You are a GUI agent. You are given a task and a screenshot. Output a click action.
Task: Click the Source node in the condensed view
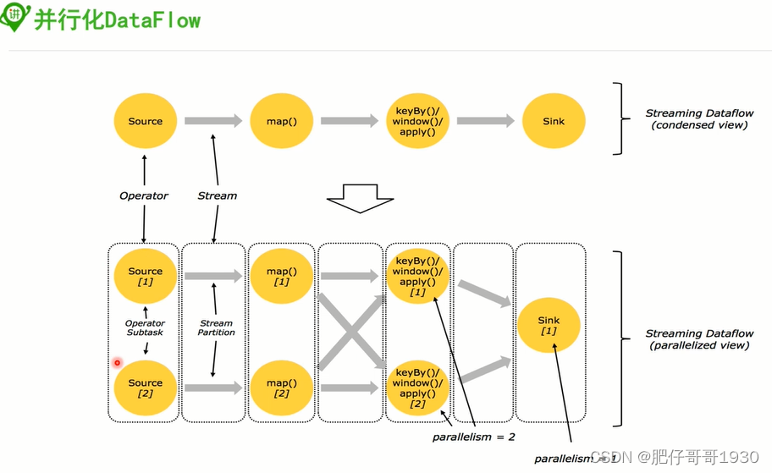145,121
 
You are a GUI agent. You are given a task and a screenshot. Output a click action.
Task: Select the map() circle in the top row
281,121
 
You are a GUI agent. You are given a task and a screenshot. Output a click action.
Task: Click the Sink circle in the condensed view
554,121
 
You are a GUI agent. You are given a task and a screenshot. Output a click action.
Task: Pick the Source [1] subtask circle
145,276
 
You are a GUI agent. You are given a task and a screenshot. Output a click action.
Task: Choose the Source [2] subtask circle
145,388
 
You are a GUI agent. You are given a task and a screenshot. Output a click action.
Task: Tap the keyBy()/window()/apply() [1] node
417,276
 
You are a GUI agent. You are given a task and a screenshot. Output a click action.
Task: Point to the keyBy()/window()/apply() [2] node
417,388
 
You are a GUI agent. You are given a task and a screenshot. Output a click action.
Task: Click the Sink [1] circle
549,325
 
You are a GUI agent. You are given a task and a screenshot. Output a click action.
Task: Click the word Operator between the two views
144,195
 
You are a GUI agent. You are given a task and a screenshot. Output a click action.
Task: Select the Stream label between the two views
218,195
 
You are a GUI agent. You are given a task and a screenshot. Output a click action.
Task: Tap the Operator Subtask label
145,327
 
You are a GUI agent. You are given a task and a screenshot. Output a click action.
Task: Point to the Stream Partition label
216,327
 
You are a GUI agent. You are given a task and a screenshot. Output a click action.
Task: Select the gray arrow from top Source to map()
212,121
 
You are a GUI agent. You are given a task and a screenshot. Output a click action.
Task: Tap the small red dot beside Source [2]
118,363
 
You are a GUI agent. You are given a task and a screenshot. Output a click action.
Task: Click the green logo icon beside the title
15,19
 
